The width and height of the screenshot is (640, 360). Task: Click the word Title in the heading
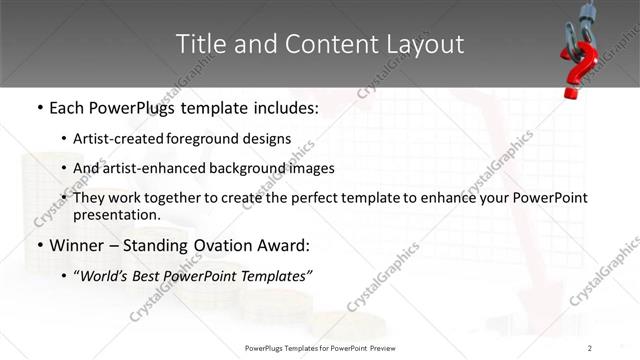tap(199, 44)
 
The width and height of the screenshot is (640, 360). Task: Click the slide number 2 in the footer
tap(590, 348)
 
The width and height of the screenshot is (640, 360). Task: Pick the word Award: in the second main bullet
tap(285, 245)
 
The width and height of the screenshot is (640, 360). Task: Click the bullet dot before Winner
tap(38, 245)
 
